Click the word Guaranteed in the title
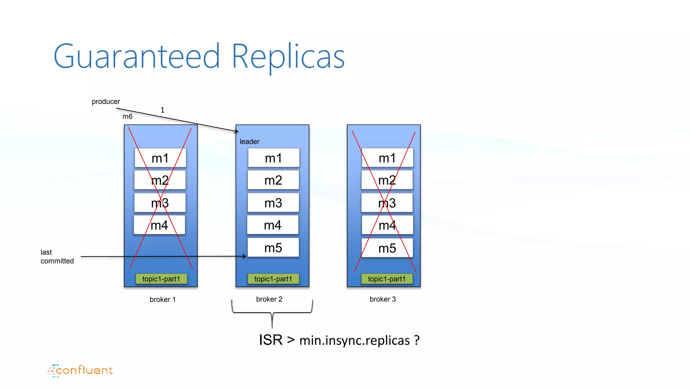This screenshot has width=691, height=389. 137,57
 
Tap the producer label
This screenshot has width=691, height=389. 106,102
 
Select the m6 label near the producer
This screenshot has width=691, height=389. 127,116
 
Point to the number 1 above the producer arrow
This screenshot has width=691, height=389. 162,110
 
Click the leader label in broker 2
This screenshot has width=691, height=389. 249,142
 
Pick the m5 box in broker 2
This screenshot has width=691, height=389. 273,248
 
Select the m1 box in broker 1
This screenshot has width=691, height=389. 160,158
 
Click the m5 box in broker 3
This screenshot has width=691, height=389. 387,248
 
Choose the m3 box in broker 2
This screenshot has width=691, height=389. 273,203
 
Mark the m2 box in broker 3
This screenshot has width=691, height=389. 387,180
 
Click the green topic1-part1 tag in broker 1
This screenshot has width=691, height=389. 161,279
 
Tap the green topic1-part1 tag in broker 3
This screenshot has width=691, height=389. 387,279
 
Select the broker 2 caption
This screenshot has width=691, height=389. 269,299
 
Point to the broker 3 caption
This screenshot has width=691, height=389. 382,299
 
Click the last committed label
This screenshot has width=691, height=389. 57,257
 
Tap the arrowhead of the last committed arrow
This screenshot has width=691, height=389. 244,256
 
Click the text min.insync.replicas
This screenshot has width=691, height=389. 354,340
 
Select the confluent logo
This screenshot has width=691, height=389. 80,370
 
